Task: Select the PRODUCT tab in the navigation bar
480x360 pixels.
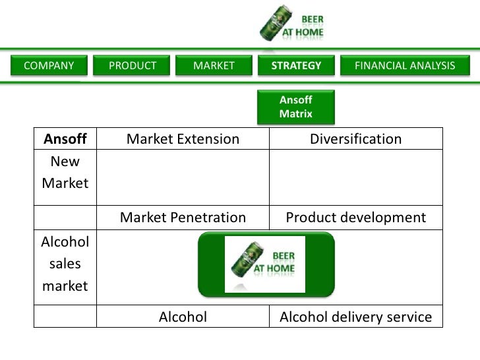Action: coord(133,66)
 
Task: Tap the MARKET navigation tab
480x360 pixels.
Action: coord(214,66)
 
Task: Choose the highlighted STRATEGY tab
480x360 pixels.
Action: coord(297,66)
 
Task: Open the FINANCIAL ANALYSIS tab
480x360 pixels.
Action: coord(405,66)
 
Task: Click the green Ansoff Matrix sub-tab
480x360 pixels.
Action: coord(296,107)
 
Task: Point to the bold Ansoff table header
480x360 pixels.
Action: coord(65,138)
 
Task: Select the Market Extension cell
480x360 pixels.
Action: coord(183,138)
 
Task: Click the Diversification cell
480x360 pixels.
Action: coord(356,138)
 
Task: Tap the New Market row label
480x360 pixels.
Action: coord(65,171)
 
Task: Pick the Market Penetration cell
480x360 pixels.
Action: coord(183,218)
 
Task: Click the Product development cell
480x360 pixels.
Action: coord(356,218)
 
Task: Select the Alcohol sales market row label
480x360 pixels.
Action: coord(65,264)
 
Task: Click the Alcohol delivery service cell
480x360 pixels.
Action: coord(356,317)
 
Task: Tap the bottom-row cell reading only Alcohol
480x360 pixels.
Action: coord(183,317)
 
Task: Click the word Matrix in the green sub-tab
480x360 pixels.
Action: coord(295,114)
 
